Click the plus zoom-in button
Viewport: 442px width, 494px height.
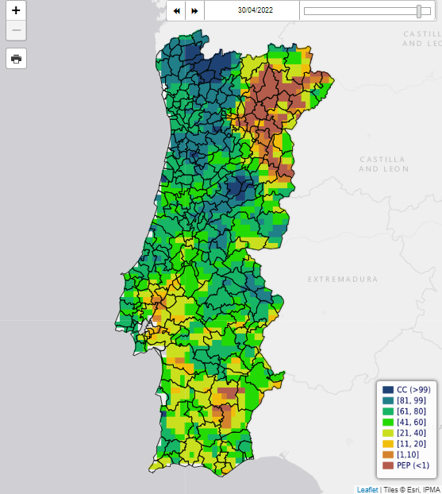[16, 10]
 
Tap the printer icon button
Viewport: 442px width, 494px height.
[16, 59]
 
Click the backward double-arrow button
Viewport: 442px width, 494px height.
[176, 11]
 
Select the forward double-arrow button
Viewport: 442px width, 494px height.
[194, 11]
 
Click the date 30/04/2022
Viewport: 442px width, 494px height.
[256, 10]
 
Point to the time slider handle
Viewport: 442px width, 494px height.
[419, 11]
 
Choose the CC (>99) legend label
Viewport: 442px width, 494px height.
[413, 390]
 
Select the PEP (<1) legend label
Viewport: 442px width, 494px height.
[413, 465]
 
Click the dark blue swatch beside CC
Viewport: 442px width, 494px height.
[388, 390]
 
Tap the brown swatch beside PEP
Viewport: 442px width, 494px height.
[388, 465]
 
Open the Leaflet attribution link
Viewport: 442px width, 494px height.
[367, 489]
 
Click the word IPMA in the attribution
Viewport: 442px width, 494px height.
[431, 489]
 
